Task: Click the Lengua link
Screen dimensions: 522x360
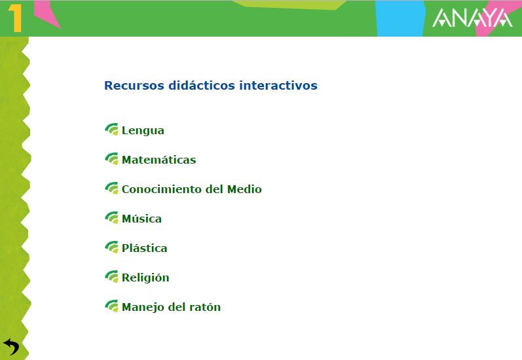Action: (x=143, y=130)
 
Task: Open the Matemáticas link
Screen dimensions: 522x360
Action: (x=158, y=160)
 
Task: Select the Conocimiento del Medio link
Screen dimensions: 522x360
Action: (x=192, y=189)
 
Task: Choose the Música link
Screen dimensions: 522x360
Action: (x=142, y=219)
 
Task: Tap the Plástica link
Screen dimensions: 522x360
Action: (x=145, y=248)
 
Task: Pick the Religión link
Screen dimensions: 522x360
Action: (x=145, y=278)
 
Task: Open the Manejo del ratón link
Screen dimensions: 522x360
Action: (x=171, y=307)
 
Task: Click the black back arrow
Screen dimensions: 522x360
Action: (x=11, y=347)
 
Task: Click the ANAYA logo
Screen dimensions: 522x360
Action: (x=472, y=18)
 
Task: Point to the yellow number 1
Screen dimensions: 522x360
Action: (x=15, y=18)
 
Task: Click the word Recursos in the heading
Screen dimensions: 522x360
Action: (x=134, y=86)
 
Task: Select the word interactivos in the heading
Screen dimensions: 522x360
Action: (x=278, y=86)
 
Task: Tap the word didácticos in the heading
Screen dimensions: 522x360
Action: (x=202, y=86)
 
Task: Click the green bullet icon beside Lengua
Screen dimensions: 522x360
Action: (x=112, y=130)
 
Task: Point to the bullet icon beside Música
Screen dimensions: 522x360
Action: (x=112, y=217)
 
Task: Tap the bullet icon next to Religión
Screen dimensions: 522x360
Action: (x=112, y=276)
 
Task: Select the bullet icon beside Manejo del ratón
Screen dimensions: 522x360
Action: (x=112, y=306)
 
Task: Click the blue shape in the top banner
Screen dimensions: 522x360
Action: (x=400, y=18)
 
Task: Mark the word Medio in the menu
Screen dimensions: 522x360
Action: (x=244, y=189)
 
